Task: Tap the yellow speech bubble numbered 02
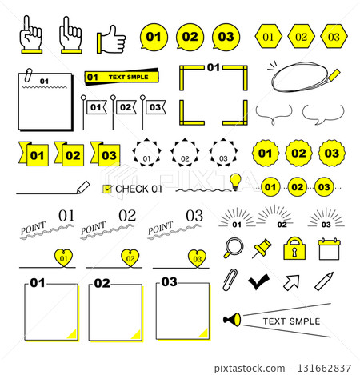[x=190, y=36]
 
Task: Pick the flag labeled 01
[x=95, y=106]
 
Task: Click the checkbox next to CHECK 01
[x=107, y=189]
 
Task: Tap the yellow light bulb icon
[x=235, y=180]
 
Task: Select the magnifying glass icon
[x=234, y=246]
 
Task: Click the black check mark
[x=258, y=281]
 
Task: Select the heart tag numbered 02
[x=127, y=257]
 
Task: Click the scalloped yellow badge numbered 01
[x=266, y=152]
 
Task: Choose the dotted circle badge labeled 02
[x=185, y=151]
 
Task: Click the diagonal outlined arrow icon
[x=291, y=281]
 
